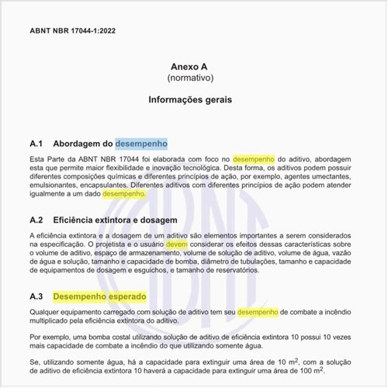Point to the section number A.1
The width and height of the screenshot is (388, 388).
[38, 144]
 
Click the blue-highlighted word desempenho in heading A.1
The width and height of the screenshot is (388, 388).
[141, 144]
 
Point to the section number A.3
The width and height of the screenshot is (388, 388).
[38, 296]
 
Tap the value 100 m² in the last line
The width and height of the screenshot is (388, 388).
[343, 371]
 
